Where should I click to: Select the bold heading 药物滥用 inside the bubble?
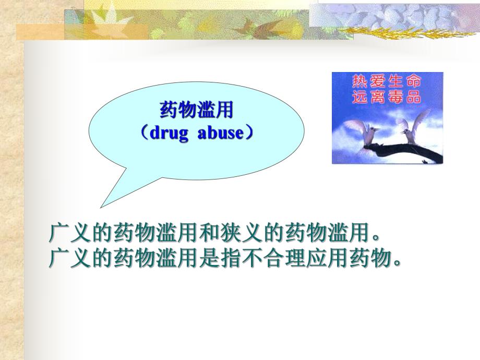196,110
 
